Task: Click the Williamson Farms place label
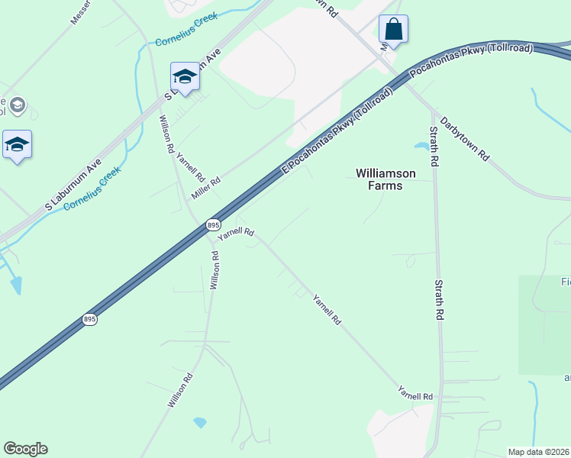click(x=386, y=179)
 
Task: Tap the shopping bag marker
click(x=393, y=30)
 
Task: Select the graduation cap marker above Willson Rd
click(x=185, y=76)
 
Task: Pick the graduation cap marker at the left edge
click(x=17, y=145)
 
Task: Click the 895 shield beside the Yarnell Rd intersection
click(x=213, y=225)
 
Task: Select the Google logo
click(x=25, y=449)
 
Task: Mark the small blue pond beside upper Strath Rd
click(x=421, y=144)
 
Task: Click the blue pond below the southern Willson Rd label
click(x=200, y=421)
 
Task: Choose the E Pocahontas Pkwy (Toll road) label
click(x=337, y=129)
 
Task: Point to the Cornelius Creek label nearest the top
click(x=186, y=29)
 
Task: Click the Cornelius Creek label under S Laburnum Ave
click(x=92, y=189)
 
